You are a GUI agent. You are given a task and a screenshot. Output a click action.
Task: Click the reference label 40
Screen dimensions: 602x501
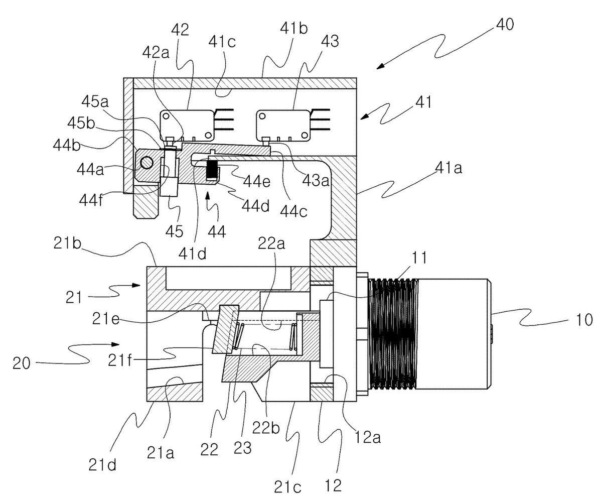(505, 24)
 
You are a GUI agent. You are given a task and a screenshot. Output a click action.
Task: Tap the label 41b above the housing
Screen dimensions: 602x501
(294, 28)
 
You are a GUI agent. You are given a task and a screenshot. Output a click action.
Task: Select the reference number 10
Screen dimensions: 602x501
(584, 319)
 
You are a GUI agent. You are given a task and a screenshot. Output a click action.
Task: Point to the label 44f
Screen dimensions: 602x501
(91, 200)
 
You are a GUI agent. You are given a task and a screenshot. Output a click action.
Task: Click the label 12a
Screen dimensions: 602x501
(367, 437)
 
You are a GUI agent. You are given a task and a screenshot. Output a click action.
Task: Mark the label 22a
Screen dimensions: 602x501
(271, 243)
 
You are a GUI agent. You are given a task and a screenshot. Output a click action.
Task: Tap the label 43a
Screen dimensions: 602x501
(316, 181)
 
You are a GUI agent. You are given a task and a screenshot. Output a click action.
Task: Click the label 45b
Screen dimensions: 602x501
(81, 123)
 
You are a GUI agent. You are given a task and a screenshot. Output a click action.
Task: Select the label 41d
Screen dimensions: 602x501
(192, 254)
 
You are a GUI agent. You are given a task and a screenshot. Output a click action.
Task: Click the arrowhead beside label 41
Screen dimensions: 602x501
(365, 116)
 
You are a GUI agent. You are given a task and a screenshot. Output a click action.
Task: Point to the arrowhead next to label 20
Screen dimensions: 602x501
(115, 344)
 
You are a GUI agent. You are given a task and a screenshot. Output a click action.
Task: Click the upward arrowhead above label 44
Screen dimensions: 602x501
(207, 197)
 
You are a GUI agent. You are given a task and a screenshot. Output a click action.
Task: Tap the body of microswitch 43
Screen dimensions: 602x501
(283, 126)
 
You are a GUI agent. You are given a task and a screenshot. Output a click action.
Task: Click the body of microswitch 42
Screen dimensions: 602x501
(187, 126)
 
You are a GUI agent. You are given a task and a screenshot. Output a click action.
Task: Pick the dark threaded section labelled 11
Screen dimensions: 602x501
(393, 336)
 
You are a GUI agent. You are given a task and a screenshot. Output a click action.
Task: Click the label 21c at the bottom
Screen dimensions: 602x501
(287, 487)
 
